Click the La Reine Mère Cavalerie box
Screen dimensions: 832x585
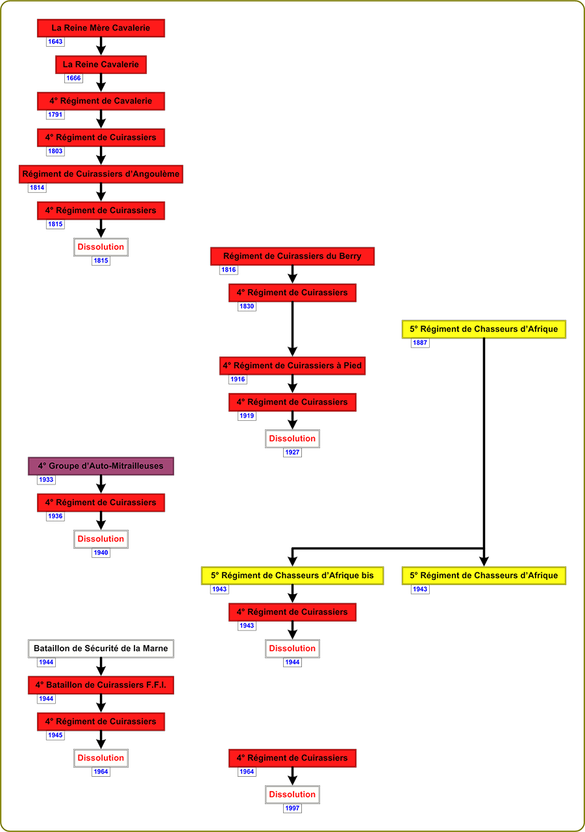[101, 28]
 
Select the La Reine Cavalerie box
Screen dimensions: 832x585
[101, 64]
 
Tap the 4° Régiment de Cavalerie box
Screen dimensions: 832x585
[101, 101]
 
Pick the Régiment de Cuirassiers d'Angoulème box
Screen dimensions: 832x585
[101, 174]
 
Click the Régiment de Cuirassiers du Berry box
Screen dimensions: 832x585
[292, 256]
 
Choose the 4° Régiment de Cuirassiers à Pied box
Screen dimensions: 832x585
[292, 366]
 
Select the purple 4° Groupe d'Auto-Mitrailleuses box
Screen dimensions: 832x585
[101, 466]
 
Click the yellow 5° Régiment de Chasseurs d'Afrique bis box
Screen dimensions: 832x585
[292, 575]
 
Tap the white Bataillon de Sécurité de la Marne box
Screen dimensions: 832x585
[101, 648]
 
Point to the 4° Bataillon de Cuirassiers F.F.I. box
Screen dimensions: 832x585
[101, 685]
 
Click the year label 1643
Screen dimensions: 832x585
[55, 42]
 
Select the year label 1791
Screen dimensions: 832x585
[55, 115]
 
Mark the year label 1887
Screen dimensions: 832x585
[420, 343]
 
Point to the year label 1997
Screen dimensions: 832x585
[292, 808]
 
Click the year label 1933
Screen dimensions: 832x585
[46, 480]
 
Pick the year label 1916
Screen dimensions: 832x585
[238, 379]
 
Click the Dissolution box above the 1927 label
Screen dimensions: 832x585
[292, 438]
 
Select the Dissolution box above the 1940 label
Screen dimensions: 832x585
[101, 538]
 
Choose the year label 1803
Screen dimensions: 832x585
[55, 151]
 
